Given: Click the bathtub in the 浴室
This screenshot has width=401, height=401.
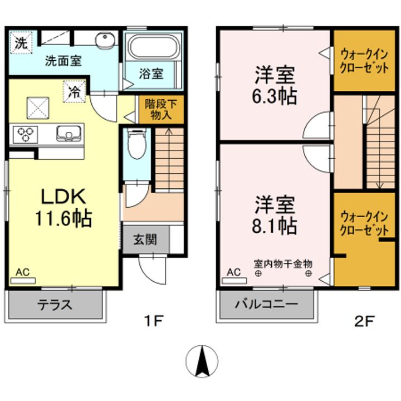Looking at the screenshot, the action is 154,47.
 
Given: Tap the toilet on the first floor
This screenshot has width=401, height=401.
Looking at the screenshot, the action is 137,143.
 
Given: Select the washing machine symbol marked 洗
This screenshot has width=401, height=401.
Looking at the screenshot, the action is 21,42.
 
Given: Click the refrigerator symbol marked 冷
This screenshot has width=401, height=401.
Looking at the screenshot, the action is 75,91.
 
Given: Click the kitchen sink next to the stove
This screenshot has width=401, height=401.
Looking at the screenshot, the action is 69,133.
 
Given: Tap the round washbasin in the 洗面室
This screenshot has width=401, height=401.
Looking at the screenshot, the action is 105,41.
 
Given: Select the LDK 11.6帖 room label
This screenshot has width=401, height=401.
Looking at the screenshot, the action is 63,207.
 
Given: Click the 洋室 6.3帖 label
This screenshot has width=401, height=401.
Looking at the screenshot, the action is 275,85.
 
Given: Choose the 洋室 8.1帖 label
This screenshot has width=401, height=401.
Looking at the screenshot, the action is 275,215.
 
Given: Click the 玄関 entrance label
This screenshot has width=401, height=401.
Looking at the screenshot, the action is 145,240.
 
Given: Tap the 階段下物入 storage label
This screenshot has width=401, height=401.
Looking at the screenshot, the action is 161,110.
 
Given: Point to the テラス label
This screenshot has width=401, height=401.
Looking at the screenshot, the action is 55,305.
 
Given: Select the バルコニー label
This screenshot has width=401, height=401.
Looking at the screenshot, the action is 266,304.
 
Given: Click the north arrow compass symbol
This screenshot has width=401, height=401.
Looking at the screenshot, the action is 202,361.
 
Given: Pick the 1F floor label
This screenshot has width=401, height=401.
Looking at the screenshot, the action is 154,321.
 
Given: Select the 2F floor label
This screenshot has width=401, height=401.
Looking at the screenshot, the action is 364,321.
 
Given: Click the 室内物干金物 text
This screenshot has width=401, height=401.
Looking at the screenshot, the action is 283,263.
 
